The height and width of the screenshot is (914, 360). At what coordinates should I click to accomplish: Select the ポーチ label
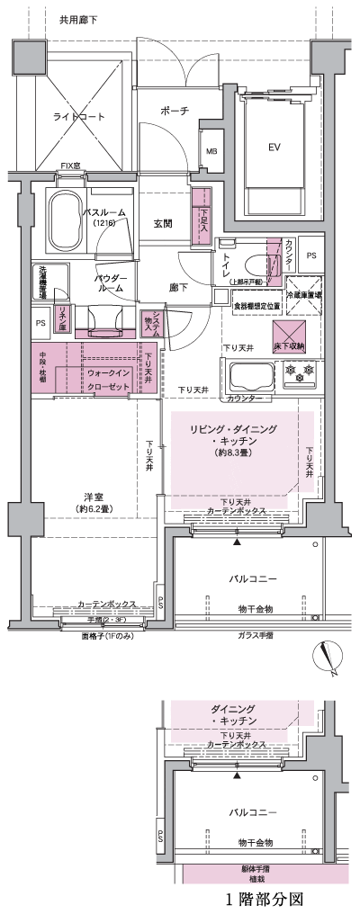point(175,111)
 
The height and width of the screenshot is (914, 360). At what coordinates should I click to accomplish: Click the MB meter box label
point(212,151)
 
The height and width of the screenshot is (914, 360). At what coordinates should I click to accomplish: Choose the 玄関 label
point(163,224)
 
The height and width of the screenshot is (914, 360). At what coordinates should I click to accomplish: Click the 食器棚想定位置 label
point(256,306)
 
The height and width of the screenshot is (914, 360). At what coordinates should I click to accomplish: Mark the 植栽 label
point(256,878)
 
